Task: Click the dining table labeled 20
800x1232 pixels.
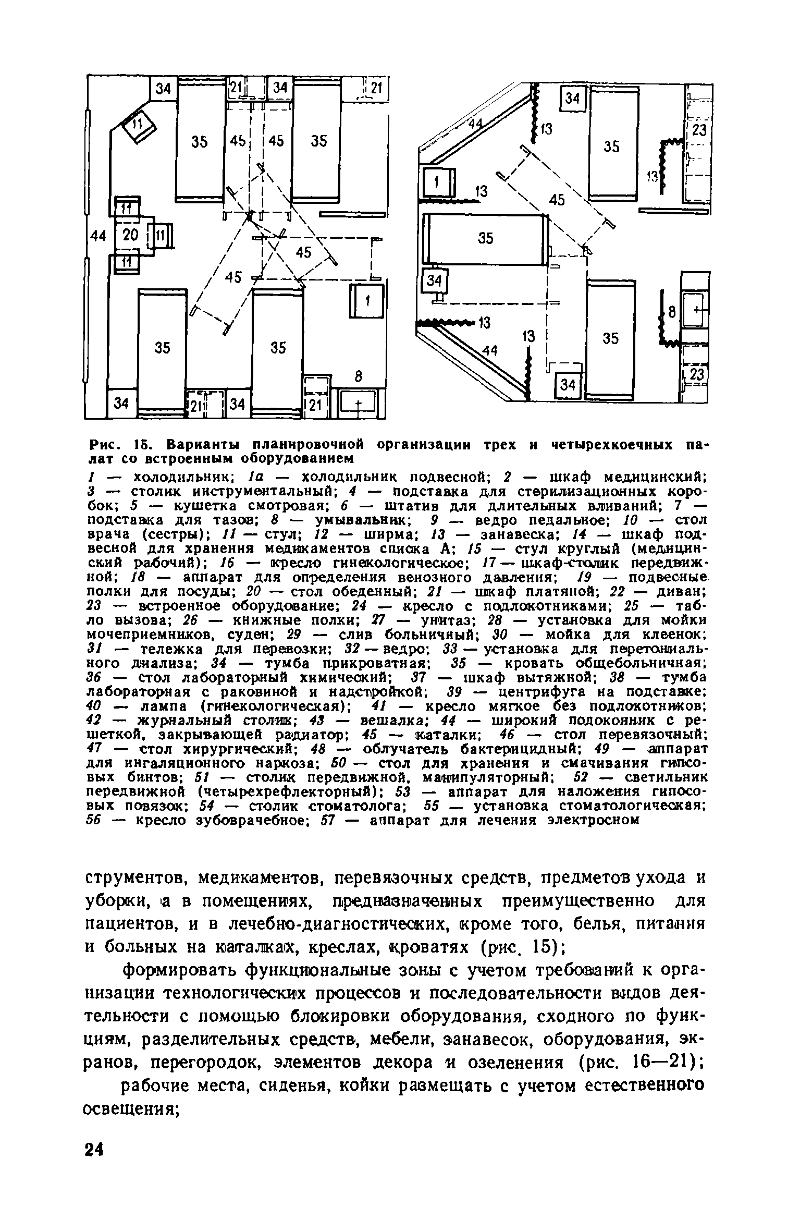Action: click(130, 236)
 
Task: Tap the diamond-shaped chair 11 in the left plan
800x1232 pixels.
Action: click(138, 125)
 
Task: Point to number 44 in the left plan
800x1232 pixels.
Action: click(97, 236)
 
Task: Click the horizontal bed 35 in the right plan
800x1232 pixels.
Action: click(485, 238)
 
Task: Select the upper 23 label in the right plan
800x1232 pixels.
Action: click(698, 129)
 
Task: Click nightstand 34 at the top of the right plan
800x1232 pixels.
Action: click(572, 98)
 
